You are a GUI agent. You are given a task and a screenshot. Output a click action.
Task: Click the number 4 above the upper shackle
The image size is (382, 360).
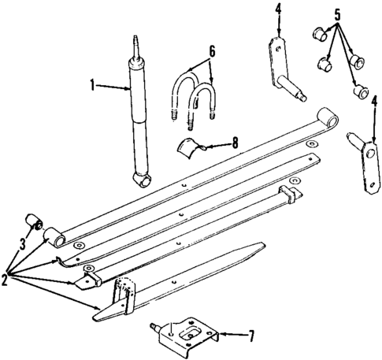(x=277, y=9)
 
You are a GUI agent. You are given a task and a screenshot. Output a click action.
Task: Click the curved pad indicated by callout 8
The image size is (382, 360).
(x=191, y=147)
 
